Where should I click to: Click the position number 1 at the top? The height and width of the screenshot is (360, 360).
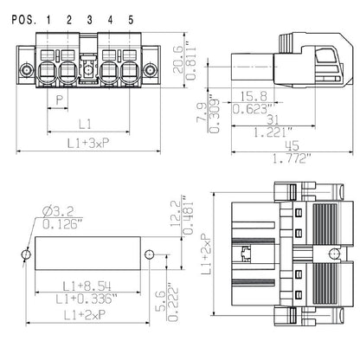pyautogui.click(x=48, y=19)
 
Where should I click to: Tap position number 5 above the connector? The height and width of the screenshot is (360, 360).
pyautogui.click(x=130, y=19)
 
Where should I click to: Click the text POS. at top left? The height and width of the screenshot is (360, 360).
pyautogui.click(x=18, y=19)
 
